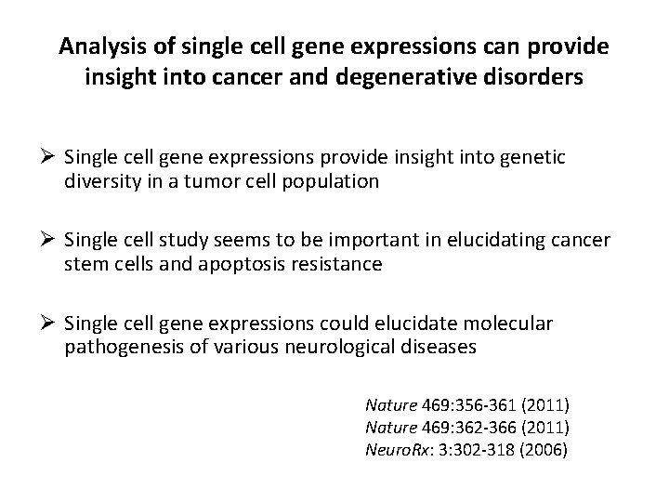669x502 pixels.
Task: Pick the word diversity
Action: pos(98,181)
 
